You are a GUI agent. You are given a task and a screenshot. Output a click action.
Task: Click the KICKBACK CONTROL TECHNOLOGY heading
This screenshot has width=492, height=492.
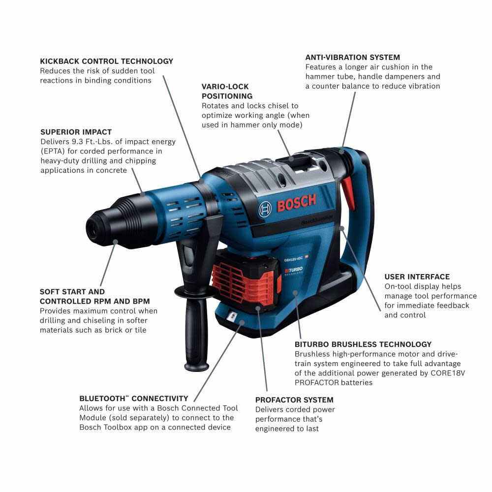(107, 61)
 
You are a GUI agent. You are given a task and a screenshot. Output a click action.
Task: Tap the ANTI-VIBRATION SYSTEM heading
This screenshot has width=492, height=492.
(352, 58)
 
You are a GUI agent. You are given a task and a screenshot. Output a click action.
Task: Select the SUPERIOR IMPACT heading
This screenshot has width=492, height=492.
(76, 132)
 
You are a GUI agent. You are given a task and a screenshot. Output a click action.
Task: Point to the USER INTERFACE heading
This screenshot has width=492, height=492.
(417, 277)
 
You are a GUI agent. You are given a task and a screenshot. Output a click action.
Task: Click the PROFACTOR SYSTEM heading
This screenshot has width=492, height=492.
(294, 400)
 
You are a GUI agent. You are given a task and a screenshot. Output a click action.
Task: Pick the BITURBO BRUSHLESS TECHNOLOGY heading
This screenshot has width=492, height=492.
(363, 344)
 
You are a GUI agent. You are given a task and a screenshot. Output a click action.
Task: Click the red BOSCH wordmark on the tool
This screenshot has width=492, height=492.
(296, 202)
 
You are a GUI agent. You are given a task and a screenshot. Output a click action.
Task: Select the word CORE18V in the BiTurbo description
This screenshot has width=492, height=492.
(446, 373)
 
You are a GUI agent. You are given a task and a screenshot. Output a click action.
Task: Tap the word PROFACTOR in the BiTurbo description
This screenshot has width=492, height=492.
(317, 382)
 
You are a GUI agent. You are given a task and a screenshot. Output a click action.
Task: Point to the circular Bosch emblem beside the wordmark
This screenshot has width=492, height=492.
(265, 209)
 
